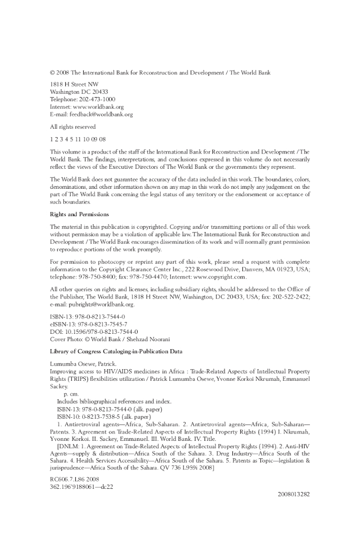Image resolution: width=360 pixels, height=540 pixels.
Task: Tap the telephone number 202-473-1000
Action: coord(98,99)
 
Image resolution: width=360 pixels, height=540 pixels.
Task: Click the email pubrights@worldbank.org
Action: coord(101,304)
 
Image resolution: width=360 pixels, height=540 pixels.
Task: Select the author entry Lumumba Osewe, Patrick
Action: coord(86,364)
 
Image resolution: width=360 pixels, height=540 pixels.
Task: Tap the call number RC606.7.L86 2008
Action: coord(78,479)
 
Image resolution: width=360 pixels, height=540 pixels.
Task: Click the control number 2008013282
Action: coord(294,494)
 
